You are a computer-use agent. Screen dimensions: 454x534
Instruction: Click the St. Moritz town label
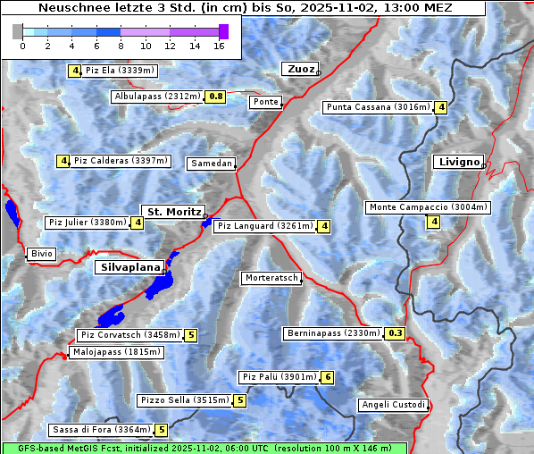coord(172,212)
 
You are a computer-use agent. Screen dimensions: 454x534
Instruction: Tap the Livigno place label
coord(457,162)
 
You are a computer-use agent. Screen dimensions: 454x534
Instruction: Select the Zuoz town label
coord(298,69)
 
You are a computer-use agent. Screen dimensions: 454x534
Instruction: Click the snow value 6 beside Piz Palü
coord(328,377)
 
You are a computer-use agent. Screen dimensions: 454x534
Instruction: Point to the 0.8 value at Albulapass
coord(215,96)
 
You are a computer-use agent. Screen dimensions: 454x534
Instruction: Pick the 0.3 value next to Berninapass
coord(396,333)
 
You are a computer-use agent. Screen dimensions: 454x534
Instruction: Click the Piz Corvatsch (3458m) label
coord(129,336)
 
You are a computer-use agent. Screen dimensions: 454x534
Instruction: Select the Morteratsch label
coord(271,278)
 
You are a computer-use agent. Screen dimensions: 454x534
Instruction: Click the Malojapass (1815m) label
coord(115,352)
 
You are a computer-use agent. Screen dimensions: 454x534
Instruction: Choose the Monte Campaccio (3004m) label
coord(428,207)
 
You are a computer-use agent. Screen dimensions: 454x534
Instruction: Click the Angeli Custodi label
coord(393,405)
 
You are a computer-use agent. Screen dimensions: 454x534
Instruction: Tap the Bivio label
coord(41,254)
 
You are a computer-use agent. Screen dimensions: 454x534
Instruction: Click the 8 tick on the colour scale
coord(121,45)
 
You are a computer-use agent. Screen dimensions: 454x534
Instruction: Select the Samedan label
coord(211,164)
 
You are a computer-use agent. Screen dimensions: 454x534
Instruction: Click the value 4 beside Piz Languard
coord(324,226)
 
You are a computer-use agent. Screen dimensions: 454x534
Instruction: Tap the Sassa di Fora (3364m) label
coord(101,430)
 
